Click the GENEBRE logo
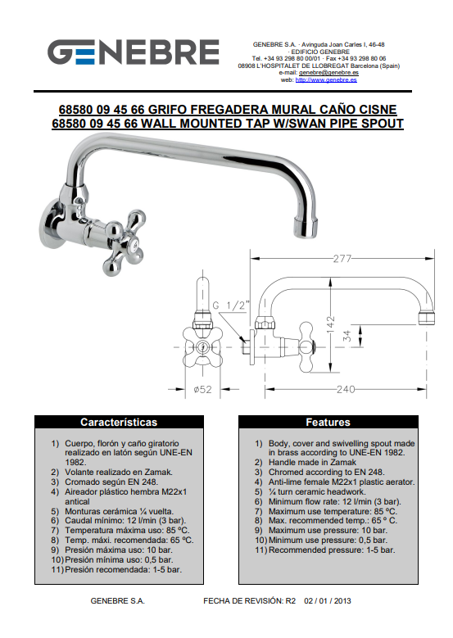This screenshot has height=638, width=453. [x=134, y=52]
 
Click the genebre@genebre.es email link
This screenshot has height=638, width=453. [x=328, y=73]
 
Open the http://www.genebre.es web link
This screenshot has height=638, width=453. [x=326, y=80]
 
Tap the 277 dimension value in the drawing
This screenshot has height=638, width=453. [x=342, y=259]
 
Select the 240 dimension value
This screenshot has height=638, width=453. [x=346, y=389]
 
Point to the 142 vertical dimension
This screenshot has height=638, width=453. [x=330, y=324]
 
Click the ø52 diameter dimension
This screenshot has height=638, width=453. [x=202, y=389]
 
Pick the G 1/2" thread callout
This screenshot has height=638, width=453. [x=230, y=305]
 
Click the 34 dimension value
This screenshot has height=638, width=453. [x=347, y=336]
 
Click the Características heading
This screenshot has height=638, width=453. [x=119, y=423]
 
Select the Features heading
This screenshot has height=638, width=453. [x=328, y=423]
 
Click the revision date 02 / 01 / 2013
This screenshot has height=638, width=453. [x=327, y=601]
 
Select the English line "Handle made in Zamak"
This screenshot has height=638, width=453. [x=312, y=463]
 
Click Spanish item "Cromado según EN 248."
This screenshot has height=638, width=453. [x=111, y=482]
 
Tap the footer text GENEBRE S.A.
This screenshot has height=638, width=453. [x=118, y=601]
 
